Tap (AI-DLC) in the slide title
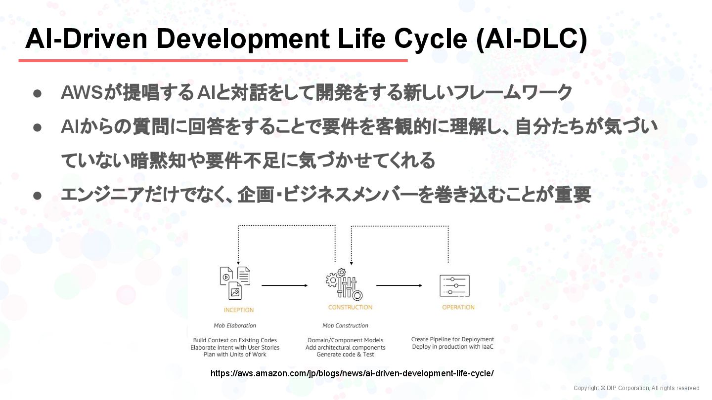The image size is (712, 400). (x=532, y=40)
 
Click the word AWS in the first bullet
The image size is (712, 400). (x=82, y=92)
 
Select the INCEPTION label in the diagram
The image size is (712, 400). (x=239, y=310)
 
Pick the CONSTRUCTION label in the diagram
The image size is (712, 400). (x=350, y=307)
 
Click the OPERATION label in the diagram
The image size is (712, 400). (x=458, y=307)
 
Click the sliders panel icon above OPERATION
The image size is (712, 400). (x=454, y=285)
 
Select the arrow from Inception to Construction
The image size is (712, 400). (x=284, y=285)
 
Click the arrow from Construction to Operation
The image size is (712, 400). (x=399, y=285)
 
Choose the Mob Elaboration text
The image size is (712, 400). (x=235, y=325)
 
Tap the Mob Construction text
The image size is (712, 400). (x=345, y=325)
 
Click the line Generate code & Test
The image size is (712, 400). (x=345, y=354)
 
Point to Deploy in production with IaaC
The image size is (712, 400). (x=452, y=347)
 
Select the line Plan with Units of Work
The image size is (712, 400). (x=235, y=354)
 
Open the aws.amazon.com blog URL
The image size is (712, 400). (x=352, y=373)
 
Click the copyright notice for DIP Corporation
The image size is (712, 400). (x=637, y=388)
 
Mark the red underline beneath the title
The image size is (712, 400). (x=213, y=61)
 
